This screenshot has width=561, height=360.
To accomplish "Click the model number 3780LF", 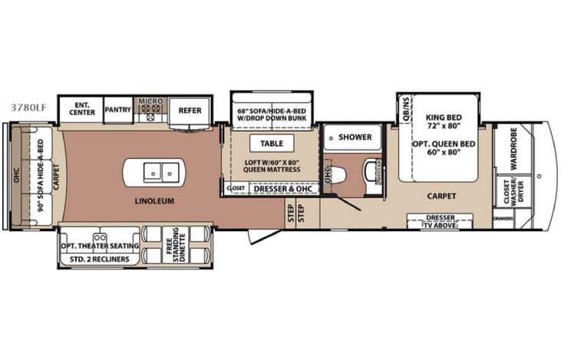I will [28, 108].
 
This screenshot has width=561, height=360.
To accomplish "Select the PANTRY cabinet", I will [118, 110].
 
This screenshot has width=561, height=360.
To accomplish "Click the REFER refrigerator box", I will [190, 110].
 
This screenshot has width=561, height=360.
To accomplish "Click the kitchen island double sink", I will [162, 172].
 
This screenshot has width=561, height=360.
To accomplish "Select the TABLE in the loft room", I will [272, 144].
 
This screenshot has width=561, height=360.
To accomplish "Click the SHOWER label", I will [355, 137].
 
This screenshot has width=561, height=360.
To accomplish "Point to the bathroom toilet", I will [371, 170].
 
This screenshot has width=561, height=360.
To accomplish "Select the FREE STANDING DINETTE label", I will [175, 246].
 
